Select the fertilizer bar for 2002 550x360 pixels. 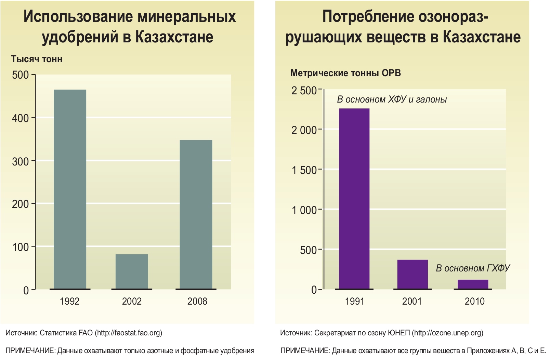coord(132,271)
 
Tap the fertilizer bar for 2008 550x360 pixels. coord(196,214)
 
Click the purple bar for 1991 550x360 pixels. coord(354,199)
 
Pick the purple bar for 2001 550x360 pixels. coord(412,274)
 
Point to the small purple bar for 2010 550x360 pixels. coord(473,284)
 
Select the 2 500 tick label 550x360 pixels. coord(304,91)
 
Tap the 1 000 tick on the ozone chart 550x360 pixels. coord(304,210)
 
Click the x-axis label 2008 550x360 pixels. coord(197,301)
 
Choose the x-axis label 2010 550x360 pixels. coord(474,301)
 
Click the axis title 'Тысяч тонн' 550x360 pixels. coord(37,59)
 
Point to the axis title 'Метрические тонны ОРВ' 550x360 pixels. coord(345,73)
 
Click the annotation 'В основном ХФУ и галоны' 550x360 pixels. coord(392,99)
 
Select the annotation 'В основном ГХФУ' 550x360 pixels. coord(473,268)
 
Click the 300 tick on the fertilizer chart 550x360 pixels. coord(21,161)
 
